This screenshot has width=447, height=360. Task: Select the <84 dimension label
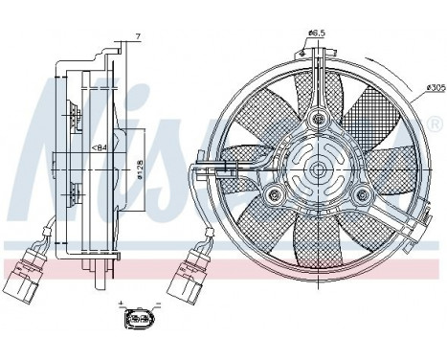click(99, 147)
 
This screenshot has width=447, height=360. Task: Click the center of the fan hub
click(316, 171)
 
